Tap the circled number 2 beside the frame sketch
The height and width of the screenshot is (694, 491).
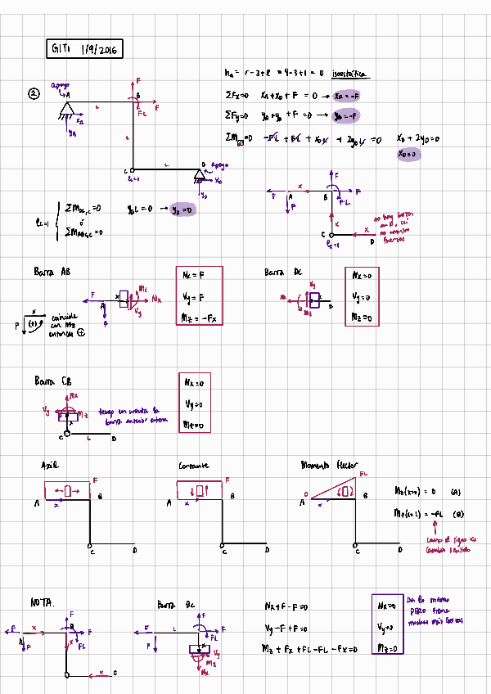tap(34, 94)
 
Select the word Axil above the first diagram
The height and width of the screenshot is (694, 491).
tap(50, 466)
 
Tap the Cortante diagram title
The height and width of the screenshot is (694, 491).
tap(194, 466)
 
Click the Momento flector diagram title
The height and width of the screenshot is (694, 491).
tap(330, 465)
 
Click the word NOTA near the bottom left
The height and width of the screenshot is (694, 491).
tap(42, 602)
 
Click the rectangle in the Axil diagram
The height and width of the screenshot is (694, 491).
tap(66, 490)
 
